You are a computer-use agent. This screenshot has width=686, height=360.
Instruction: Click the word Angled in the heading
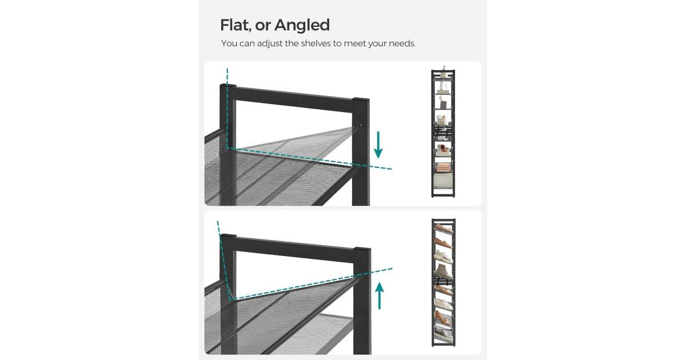(x=302, y=26)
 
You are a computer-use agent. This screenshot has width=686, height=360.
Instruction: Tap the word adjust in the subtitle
(x=270, y=44)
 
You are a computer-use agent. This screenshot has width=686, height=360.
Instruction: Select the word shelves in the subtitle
(x=316, y=43)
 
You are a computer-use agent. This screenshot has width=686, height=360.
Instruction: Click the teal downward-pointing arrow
(x=378, y=145)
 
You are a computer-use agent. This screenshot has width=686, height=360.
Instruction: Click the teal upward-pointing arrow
(x=380, y=296)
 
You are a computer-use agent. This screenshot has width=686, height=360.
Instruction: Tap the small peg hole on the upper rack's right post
(x=360, y=125)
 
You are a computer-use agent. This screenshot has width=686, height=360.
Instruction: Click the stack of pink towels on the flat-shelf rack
(x=442, y=167)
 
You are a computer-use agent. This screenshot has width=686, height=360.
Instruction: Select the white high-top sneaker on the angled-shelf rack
(x=443, y=271)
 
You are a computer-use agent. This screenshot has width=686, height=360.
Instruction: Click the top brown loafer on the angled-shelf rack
(x=443, y=228)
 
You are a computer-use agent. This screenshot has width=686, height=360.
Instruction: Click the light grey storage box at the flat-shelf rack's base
(x=443, y=182)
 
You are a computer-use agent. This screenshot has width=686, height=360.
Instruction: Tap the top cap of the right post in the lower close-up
(x=362, y=249)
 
